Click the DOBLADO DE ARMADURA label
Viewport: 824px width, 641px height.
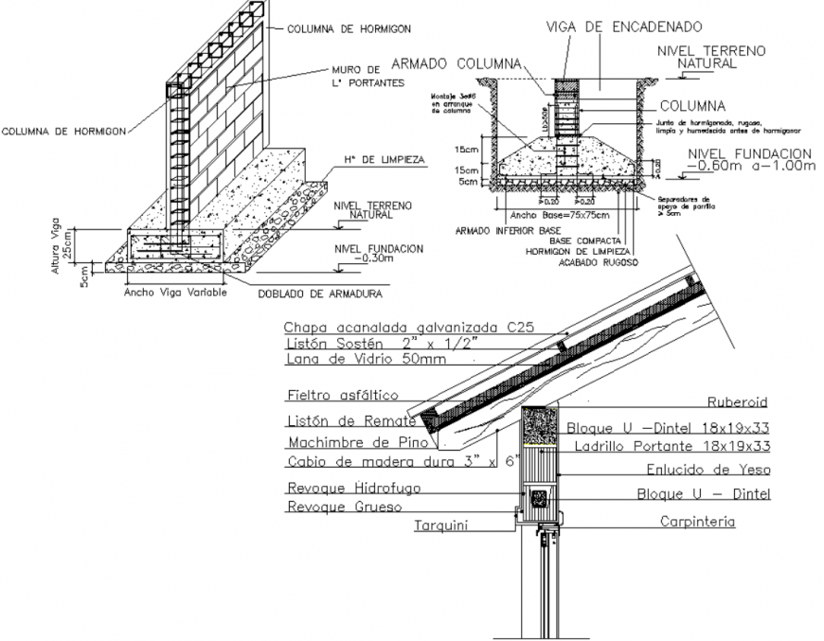[x=319, y=294]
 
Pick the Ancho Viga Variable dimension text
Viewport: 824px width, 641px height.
[x=174, y=293]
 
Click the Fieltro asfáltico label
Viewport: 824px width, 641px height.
[x=342, y=394]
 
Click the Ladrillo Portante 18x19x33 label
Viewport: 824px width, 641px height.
[x=689, y=445]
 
